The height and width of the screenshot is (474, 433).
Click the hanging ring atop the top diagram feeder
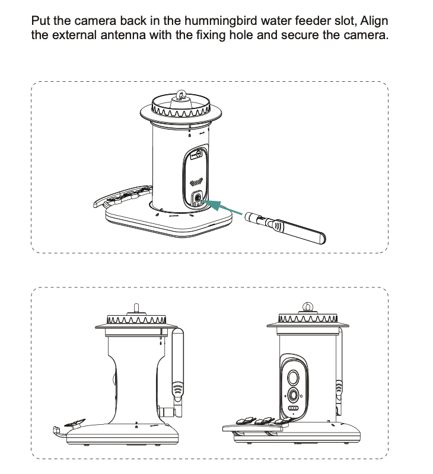pyautogui.click(x=181, y=94)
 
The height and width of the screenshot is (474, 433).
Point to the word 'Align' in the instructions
pyautogui.click(x=374, y=21)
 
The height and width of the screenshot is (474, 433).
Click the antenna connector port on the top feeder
pyautogui.click(x=198, y=198)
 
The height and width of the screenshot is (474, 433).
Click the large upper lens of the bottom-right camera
pyautogui.click(x=292, y=377)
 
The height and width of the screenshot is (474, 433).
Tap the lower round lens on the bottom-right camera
pyautogui.click(x=293, y=395)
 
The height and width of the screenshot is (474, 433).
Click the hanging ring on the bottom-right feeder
pyautogui.click(x=308, y=306)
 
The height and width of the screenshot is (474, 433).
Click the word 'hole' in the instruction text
pyautogui.click(x=241, y=35)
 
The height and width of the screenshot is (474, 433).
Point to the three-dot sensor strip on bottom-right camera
pyautogui.click(x=293, y=408)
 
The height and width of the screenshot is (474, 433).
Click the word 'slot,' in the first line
pyautogui.click(x=346, y=21)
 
